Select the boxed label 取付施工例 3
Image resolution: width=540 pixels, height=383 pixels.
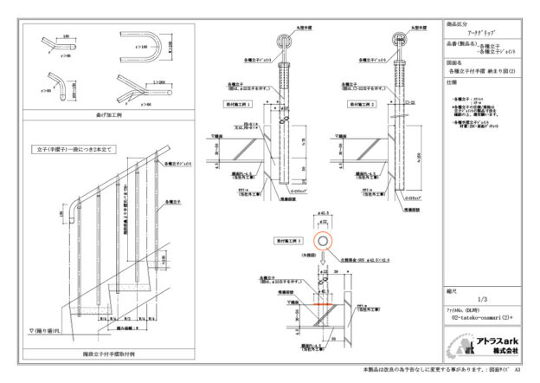(x=287, y=237)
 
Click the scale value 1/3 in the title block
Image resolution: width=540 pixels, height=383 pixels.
(x=483, y=297)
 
